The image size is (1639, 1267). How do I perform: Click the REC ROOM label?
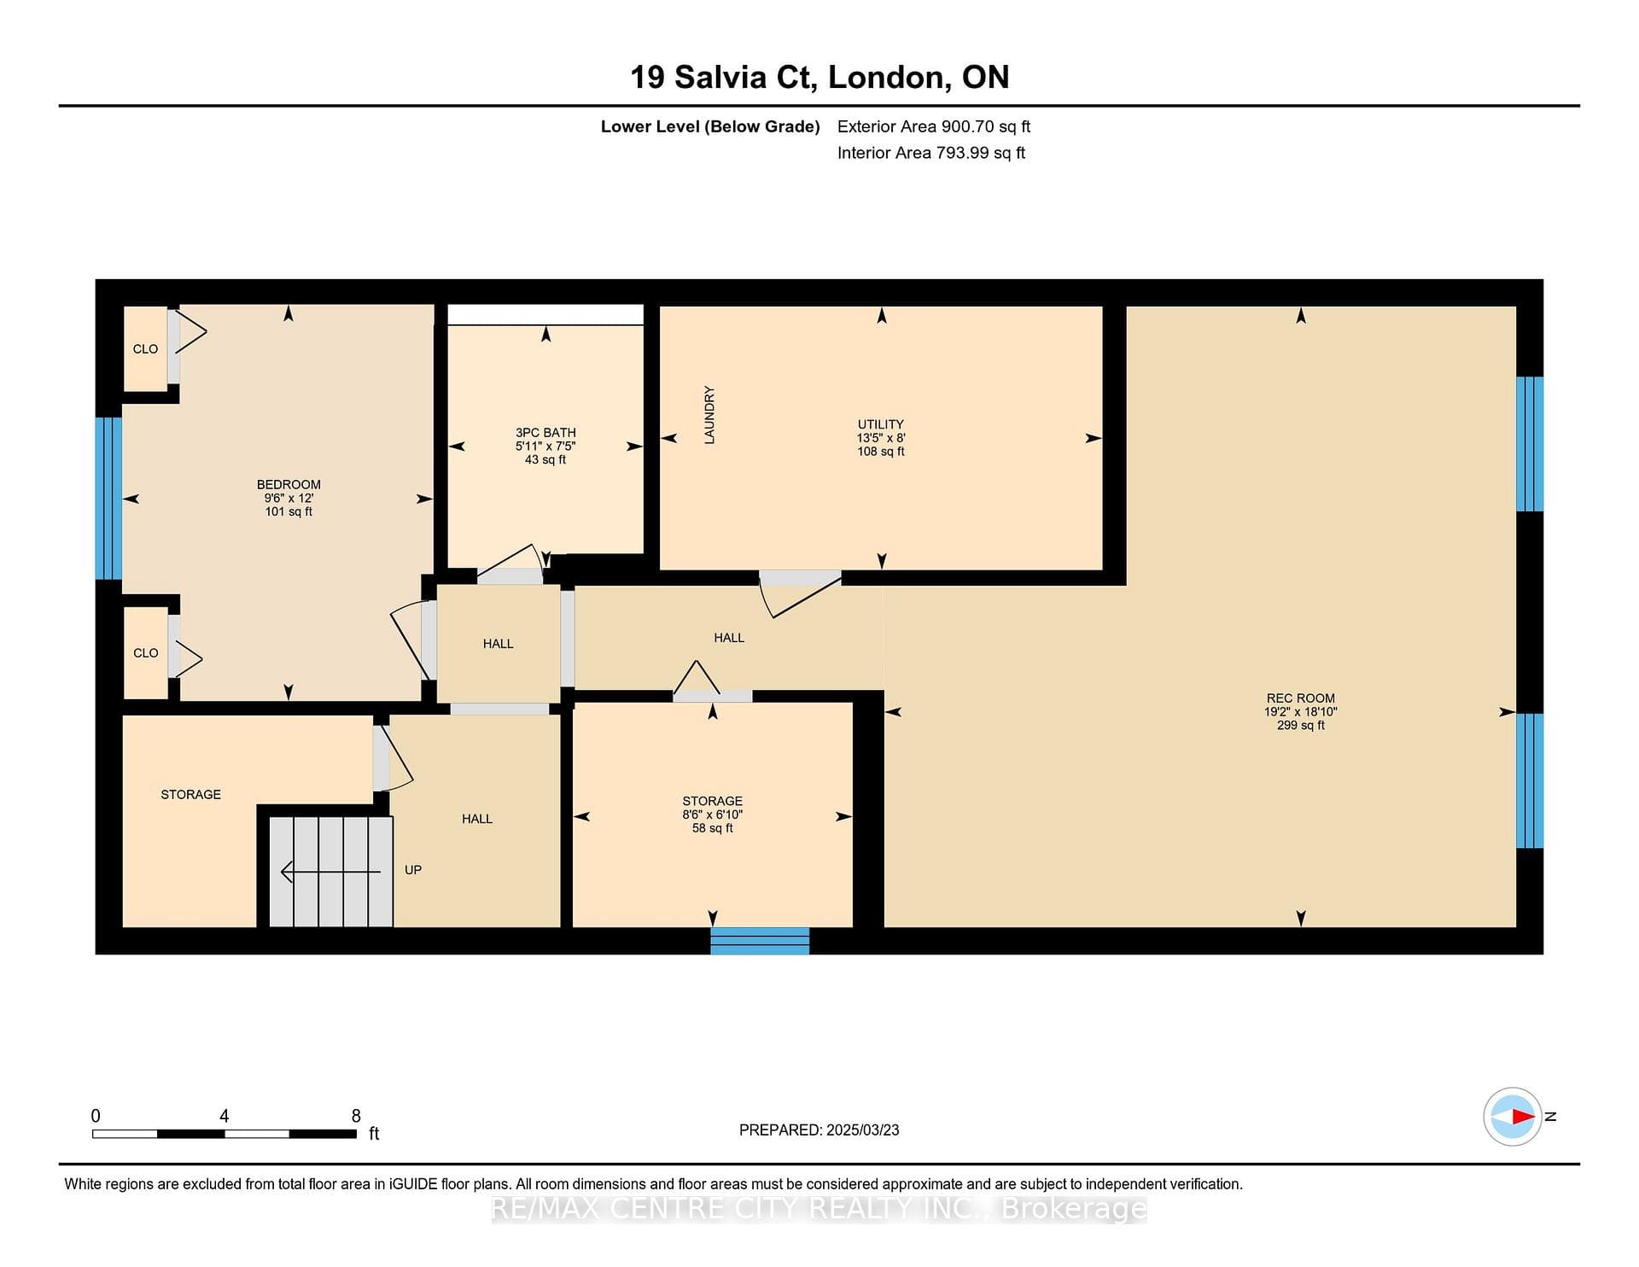(x=1300, y=698)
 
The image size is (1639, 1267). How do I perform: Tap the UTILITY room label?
(x=880, y=424)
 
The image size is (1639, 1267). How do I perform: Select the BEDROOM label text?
(x=289, y=484)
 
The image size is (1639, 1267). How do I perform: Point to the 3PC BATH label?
(x=545, y=433)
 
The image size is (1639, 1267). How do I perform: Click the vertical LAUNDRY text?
(x=709, y=415)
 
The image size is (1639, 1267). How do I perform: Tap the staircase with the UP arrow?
(x=331, y=871)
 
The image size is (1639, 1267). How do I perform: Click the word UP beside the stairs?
(x=413, y=870)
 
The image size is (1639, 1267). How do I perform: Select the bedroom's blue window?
(x=108, y=499)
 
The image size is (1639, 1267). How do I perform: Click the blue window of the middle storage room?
(x=760, y=941)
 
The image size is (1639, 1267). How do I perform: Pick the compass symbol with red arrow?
(x=1513, y=1116)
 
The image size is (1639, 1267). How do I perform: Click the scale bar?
(x=225, y=1134)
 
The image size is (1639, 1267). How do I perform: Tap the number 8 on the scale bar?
(x=356, y=1116)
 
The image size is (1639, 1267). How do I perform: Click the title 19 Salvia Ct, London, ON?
(x=819, y=77)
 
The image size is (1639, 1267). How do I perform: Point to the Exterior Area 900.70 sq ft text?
(x=934, y=126)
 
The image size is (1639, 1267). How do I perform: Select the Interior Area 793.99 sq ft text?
(x=931, y=153)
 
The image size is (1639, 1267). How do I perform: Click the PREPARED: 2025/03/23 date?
(x=819, y=1130)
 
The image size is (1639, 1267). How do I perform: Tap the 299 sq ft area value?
(x=1301, y=725)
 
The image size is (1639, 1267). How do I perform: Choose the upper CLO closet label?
(x=145, y=348)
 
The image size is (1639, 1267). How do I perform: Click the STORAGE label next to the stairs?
(x=191, y=794)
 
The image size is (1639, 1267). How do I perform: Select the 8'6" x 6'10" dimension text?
(x=713, y=814)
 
